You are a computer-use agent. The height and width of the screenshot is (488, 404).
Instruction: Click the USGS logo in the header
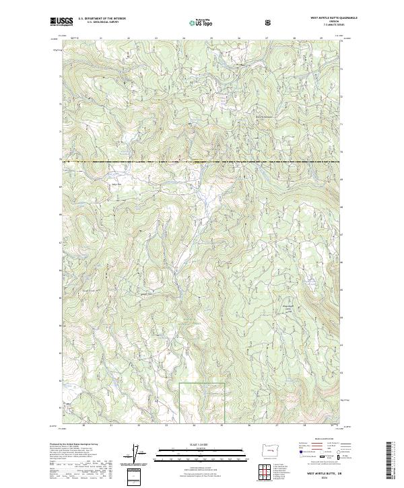(x=62, y=22)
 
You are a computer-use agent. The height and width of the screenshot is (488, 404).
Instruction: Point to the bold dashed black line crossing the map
(x=202, y=162)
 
